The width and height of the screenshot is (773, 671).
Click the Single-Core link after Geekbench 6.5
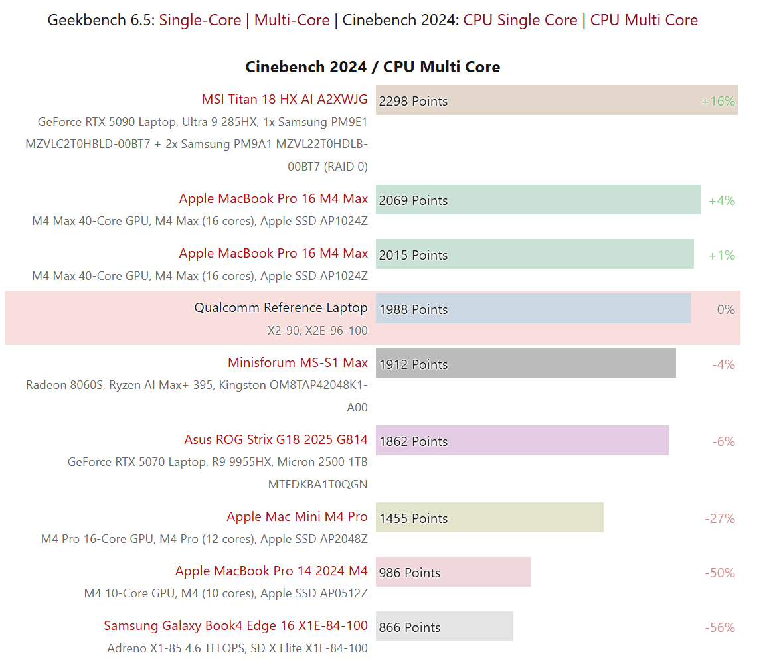click(x=200, y=20)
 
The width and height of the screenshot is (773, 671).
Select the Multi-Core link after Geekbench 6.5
click(x=292, y=20)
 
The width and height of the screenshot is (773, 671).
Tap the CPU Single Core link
click(x=520, y=20)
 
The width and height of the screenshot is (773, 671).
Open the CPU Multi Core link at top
click(x=644, y=20)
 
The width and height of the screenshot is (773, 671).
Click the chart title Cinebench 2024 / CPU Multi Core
click(x=373, y=67)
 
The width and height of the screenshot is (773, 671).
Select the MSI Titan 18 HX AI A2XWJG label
click(x=284, y=100)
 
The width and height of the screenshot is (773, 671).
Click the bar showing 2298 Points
click(x=557, y=100)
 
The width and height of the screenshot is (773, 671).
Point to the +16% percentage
click(x=718, y=102)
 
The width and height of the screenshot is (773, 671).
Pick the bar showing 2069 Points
click(x=538, y=200)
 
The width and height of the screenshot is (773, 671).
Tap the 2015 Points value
click(x=413, y=255)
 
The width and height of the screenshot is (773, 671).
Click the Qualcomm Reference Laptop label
click(x=280, y=308)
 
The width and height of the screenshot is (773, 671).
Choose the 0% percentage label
click(x=726, y=310)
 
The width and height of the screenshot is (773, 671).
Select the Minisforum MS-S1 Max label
click(x=298, y=362)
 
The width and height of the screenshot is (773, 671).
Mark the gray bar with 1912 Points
click(x=525, y=364)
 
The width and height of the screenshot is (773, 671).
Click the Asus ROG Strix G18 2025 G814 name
click(x=276, y=439)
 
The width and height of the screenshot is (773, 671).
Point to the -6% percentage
click(x=723, y=442)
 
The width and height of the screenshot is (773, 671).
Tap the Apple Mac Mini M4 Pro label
click(x=297, y=516)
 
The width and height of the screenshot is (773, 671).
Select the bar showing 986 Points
click(x=453, y=572)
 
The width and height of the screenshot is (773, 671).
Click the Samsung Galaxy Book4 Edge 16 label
click(x=236, y=625)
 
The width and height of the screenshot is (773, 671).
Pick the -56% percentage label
click(x=720, y=628)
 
